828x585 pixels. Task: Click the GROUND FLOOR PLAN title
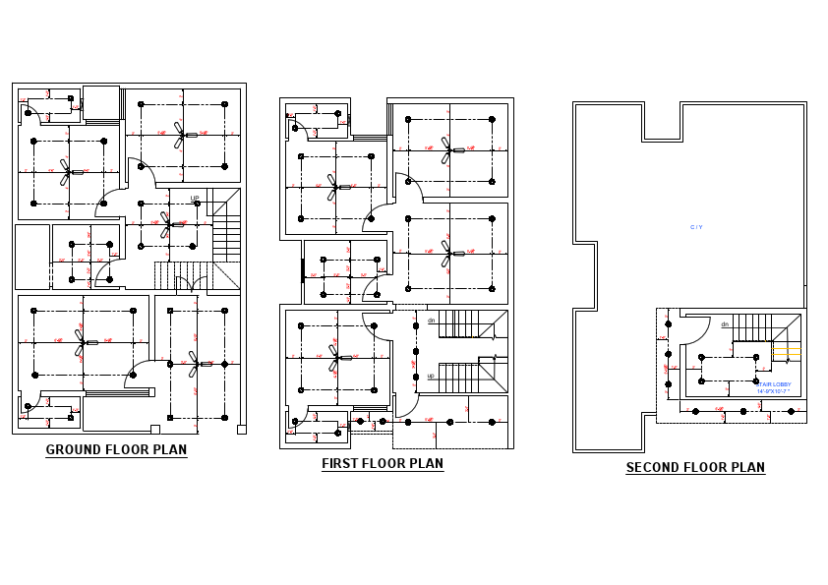pos(116,450)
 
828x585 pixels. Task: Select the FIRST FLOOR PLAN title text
pos(383,463)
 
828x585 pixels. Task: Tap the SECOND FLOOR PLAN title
pos(695,468)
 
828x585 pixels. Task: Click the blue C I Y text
pos(696,228)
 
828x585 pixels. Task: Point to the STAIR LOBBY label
pos(774,384)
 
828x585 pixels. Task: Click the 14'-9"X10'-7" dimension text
pos(774,391)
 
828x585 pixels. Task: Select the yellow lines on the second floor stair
pos(787,351)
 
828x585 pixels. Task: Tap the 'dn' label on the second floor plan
pos(725,324)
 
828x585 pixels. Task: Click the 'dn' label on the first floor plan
pos(431,321)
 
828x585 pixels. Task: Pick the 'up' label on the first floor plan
pos(431,376)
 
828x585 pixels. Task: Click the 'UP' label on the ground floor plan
pos(195,199)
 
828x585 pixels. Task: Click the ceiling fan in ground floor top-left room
pos(66,172)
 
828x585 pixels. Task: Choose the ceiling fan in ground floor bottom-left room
pos(81,342)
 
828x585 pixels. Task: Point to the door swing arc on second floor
pos(694,332)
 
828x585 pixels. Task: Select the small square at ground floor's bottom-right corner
pos(241,429)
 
